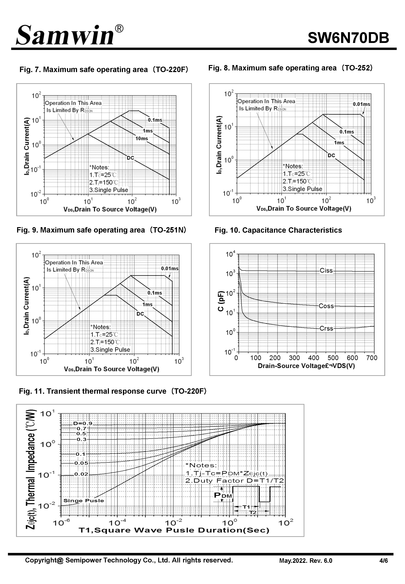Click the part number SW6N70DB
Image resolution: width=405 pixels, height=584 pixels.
click(x=348, y=38)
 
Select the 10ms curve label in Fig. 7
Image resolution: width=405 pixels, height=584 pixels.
click(x=142, y=139)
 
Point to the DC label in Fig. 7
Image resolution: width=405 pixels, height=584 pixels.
click(x=130, y=158)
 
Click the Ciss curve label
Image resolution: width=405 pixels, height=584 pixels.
click(x=326, y=270)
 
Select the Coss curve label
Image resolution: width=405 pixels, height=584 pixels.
click(x=326, y=306)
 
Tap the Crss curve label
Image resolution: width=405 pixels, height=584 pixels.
click(x=326, y=328)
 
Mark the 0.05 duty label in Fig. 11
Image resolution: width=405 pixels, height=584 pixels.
click(x=81, y=463)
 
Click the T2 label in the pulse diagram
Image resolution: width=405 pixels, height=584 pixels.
click(x=253, y=512)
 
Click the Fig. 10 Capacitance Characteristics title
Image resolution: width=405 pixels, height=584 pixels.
click(x=278, y=230)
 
